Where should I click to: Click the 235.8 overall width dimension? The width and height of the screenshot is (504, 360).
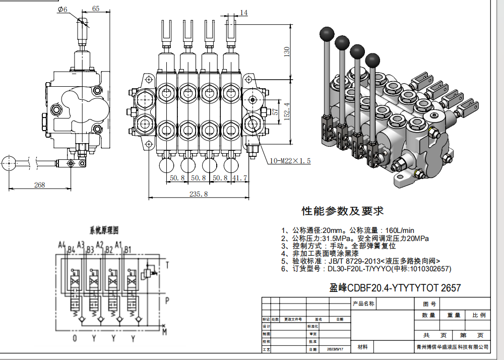(x=198, y=194)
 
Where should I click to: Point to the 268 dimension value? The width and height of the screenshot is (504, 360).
(x=39, y=185)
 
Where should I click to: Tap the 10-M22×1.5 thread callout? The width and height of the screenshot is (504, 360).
(x=290, y=161)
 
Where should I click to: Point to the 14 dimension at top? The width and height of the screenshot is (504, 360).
(x=244, y=13)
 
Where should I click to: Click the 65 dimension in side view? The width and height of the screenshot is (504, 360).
(x=96, y=9)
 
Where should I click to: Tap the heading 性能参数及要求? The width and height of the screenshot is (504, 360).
(x=343, y=210)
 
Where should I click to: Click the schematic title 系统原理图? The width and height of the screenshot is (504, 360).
(x=103, y=230)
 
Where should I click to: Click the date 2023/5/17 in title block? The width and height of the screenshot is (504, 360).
(x=335, y=349)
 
